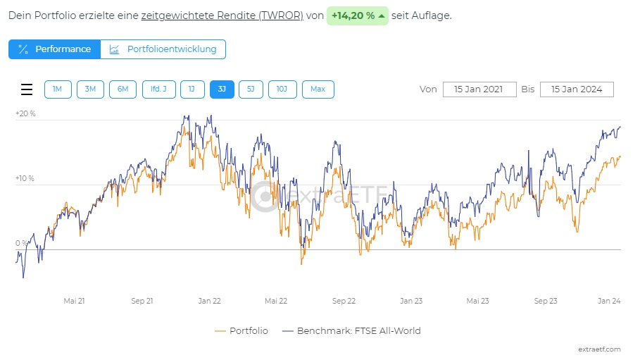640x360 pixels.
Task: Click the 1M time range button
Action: click(x=58, y=89)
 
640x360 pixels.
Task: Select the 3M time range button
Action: click(x=90, y=89)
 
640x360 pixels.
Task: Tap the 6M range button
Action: click(x=123, y=89)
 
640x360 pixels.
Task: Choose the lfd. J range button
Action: click(x=158, y=89)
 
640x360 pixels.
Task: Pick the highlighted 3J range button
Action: click(x=222, y=89)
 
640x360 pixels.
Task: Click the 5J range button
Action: click(x=251, y=89)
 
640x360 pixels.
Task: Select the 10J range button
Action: click(x=282, y=89)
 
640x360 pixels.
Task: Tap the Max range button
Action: click(x=318, y=89)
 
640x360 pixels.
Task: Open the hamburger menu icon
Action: click(x=27, y=89)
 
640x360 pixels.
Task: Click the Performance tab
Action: click(x=55, y=49)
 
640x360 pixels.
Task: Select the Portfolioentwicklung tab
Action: click(x=163, y=49)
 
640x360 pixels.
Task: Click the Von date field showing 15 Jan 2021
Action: click(x=479, y=89)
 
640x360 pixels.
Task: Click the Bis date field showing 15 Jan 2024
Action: click(x=577, y=89)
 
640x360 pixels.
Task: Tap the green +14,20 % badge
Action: click(x=357, y=15)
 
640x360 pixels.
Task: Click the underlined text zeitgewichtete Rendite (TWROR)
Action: click(x=222, y=15)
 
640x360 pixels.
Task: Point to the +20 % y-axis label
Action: click(x=25, y=113)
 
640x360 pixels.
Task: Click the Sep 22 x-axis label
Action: click(x=344, y=301)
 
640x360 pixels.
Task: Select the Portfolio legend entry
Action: click(x=240, y=330)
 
